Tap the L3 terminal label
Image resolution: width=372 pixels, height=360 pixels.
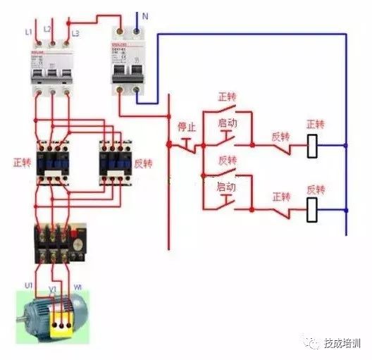pyautogui.click(x=75, y=32)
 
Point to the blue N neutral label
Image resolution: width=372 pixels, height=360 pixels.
pyautogui.click(x=145, y=15)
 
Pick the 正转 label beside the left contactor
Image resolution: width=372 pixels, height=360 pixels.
pyautogui.click(x=21, y=162)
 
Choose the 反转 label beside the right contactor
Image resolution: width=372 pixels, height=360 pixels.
pyautogui.click(x=143, y=162)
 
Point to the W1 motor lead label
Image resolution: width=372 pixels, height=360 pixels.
pyautogui.click(x=77, y=287)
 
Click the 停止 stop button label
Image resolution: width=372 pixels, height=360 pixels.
pyautogui.click(x=186, y=128)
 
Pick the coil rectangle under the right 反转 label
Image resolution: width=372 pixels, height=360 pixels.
pyautogui.click(x=314, y=209)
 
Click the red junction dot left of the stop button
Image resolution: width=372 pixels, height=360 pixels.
pyautogui.click(x=169, y=144)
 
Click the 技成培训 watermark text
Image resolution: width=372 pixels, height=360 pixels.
pyautogui.click(x=342, y=343)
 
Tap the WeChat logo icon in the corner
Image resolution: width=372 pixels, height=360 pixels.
pyautogui.click(x=313, y=343)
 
